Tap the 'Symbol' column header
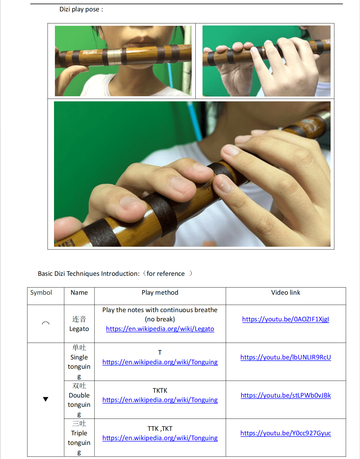click(41, 293)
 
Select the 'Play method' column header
click(160, 293)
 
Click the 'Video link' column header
click(286, 293)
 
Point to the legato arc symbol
click(46, 323)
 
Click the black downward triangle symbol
click(46, 399)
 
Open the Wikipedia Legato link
click(160, 329)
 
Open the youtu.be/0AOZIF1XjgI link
click(286, 319)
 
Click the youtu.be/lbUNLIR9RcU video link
click(286, 357)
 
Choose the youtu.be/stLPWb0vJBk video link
click(286, 395)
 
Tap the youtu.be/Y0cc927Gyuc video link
click(286, 433)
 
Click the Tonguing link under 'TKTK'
click(160, 400)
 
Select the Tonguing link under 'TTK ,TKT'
click(160, 438)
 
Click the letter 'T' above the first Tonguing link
click(160, 353)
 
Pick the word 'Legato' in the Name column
click(79, 329)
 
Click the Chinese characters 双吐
click(79, 386)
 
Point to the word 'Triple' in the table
click(79, 433)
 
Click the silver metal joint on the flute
click(115, 56)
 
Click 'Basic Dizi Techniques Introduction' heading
click(88, 274)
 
